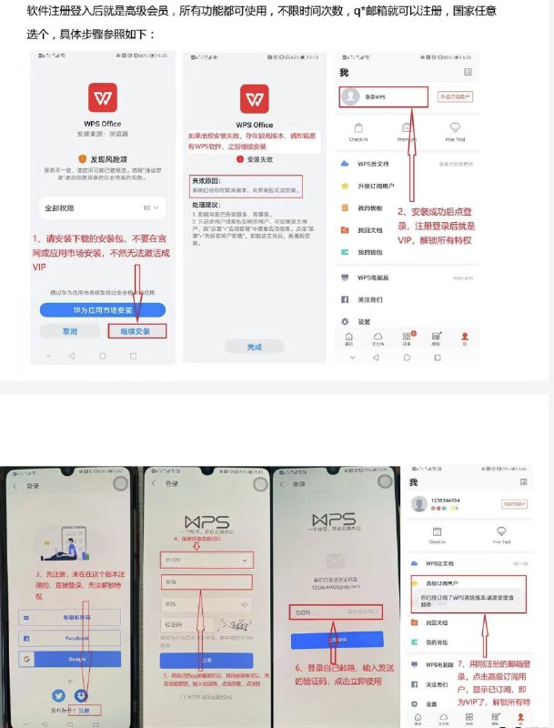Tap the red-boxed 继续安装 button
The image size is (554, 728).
point(136,330)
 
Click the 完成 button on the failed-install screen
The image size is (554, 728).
point(254,347)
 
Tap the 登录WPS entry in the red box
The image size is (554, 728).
point(382,96)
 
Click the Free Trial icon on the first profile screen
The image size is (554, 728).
point(455,132)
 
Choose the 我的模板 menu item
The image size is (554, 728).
point(369,208)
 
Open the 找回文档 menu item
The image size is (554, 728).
point(369,230)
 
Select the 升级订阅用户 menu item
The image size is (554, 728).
point(374,186)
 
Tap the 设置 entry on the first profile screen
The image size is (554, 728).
point(365,321)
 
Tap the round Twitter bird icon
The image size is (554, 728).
point(57,696)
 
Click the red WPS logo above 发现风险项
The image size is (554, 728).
point(102,97)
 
